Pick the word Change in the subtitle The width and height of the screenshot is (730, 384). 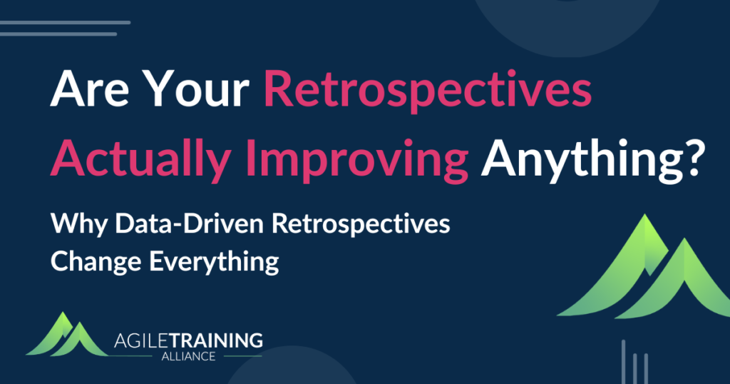tap(96, 261)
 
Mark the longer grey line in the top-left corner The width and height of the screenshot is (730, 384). tap(65, 23)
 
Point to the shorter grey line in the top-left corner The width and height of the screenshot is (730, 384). tap(58, 34)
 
